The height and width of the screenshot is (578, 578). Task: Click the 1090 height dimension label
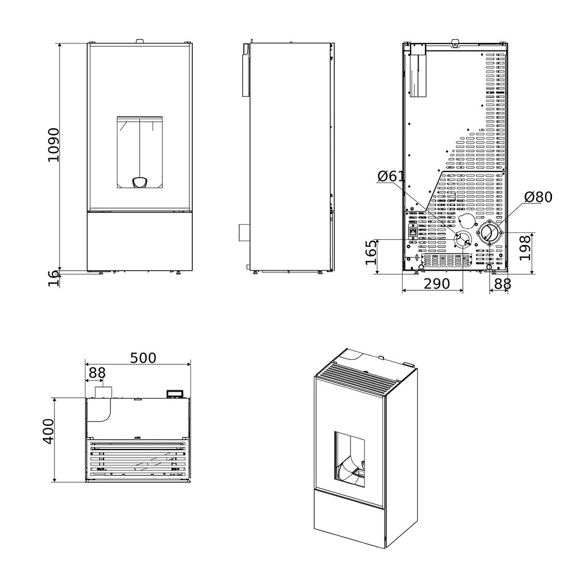click(x=54, y=145)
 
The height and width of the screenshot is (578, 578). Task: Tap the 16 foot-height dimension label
click(x=54, y=278)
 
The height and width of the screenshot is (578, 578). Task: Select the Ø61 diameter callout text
click(x=391, y=176)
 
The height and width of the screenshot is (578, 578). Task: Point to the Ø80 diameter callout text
click(x=538, y=197)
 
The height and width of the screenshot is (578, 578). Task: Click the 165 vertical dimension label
click(x=371, y=252)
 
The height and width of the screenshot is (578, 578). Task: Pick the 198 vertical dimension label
click(x=525, y=249)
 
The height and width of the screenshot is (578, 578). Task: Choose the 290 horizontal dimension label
click(x=437, y=283)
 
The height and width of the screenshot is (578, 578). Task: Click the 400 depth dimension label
click(x=48, y=432)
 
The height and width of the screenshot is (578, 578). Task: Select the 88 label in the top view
click(x=97, y=373)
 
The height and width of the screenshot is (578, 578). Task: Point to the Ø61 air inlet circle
click(x=462, y=239)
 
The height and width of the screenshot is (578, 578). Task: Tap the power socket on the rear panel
click(x=413, y=231)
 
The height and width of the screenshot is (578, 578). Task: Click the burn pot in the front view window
click(x=140, y=183)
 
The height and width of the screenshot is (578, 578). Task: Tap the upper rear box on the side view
click(x=246, y=70)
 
